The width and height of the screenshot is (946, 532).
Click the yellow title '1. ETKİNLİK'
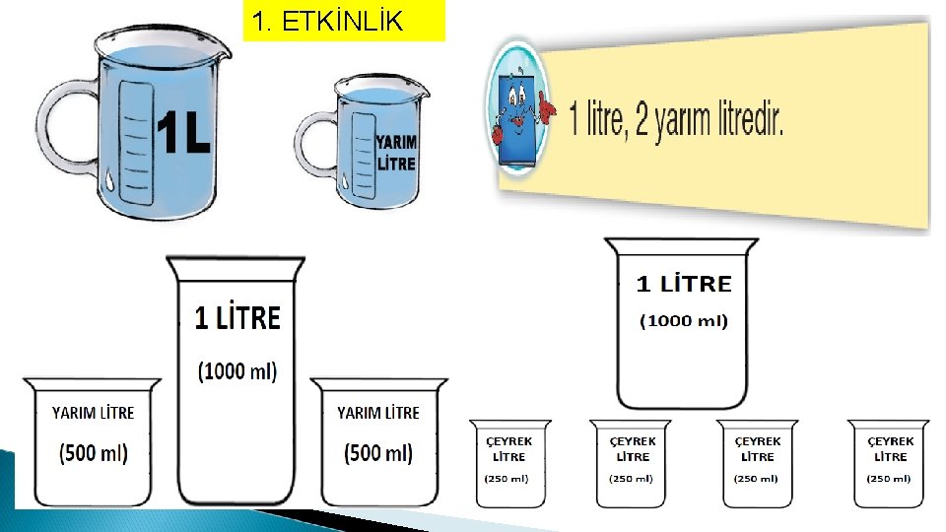click(x=328, y=21)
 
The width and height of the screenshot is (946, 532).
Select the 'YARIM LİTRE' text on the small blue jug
click(x=396, y=154)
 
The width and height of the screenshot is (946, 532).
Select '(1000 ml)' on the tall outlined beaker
click(x=237, y=371)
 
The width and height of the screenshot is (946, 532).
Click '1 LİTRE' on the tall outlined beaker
click(x=237, y=317)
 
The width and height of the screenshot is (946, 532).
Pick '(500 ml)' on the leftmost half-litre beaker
click(x=94, y=453)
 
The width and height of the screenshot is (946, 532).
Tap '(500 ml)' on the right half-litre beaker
click(x=378, y=453)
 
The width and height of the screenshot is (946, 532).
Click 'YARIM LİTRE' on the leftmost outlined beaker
click(x=94, y=413)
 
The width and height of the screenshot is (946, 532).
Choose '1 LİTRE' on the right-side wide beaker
click(x=684, y=285)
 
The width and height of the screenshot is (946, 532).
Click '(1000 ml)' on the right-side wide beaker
click(x=684, y=321)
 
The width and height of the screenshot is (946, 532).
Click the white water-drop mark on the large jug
click(x=110, y=180)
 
